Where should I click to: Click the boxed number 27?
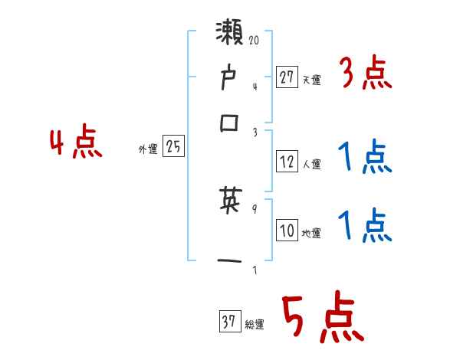[x=287, y=77]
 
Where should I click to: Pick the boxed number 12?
[x=287, y=162]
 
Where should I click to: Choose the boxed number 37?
[x=228, y=323]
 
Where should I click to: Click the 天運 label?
[x=311, y=80]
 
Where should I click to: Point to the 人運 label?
[x=311, y=164]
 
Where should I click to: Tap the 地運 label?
[x=311, y=234]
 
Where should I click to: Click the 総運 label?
[x=254, y=326]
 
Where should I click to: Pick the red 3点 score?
[x=365, y=74]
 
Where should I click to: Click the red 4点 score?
[x=76, y=143]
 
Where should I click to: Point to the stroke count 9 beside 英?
[x=255, y=205]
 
